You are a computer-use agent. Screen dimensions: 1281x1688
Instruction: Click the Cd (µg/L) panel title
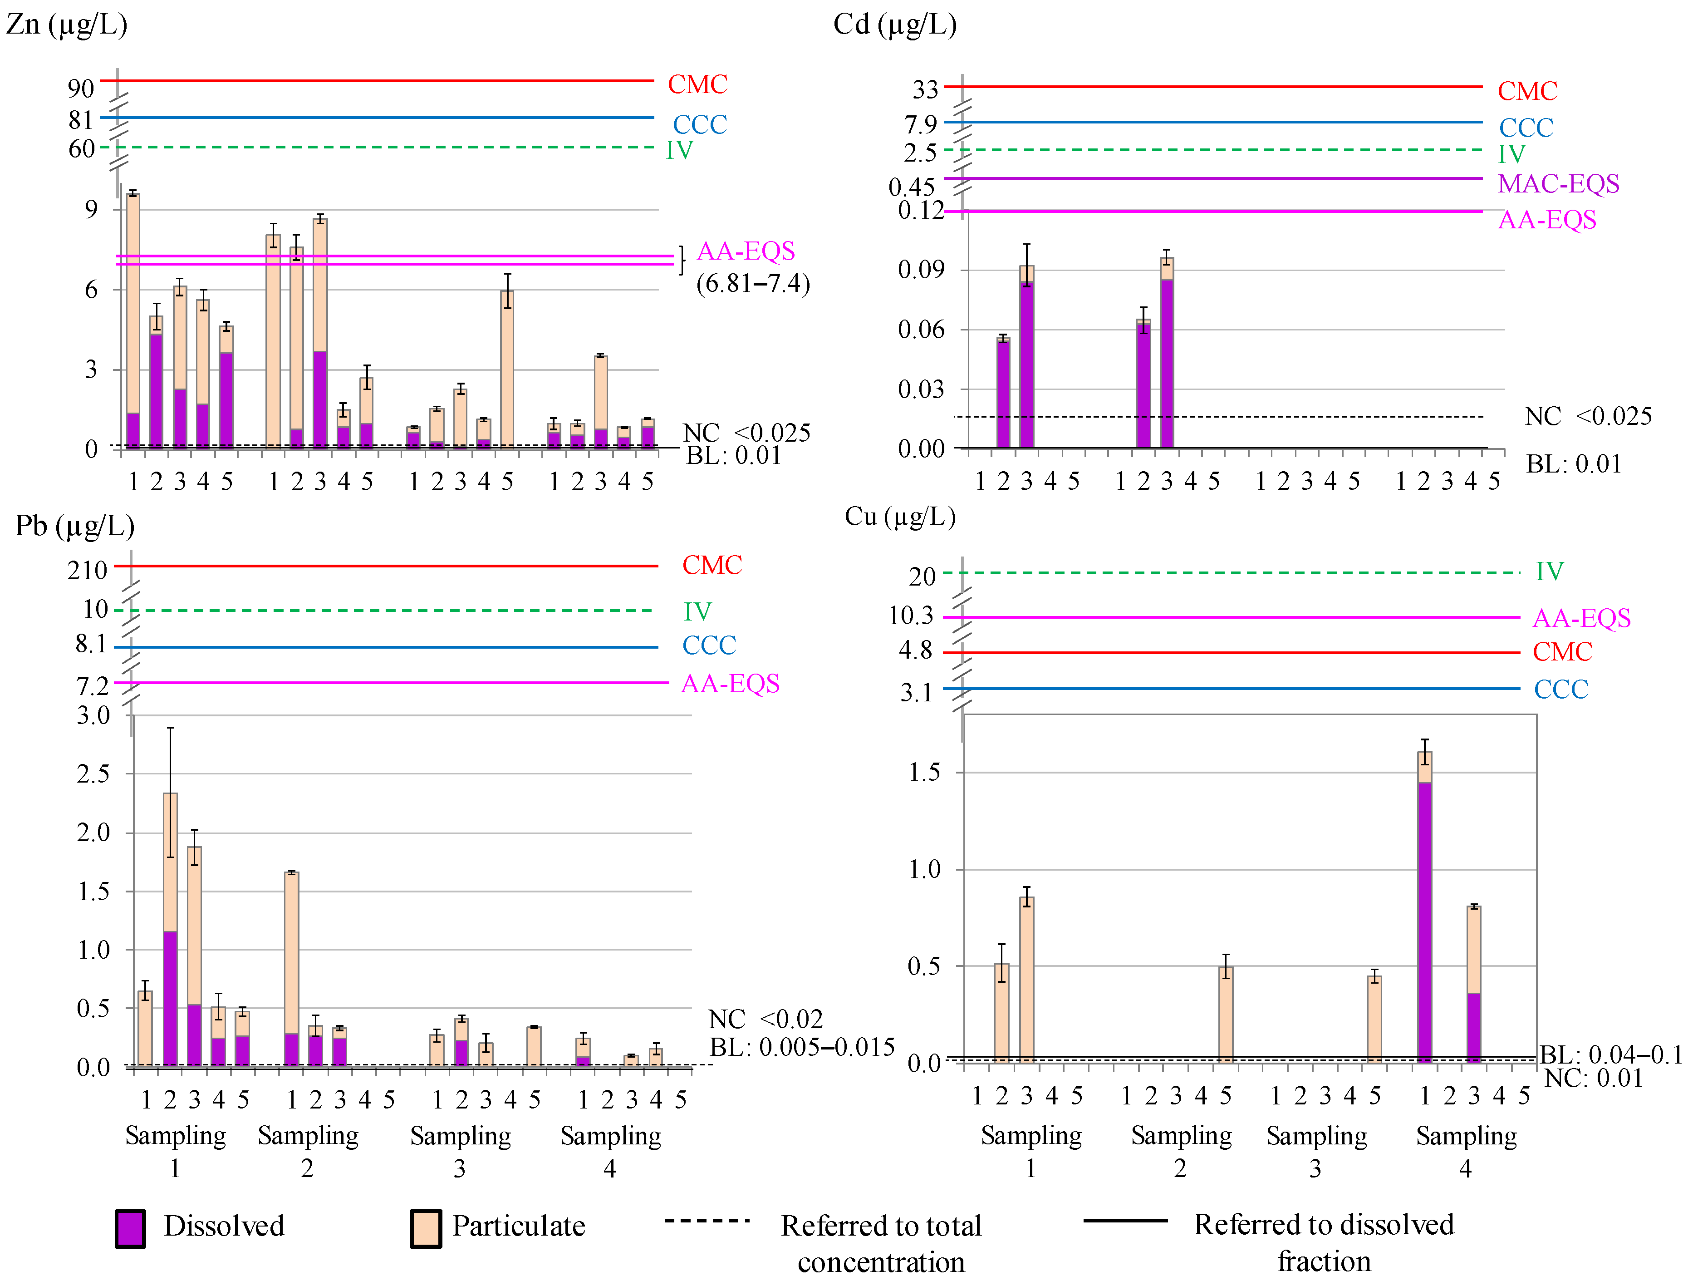894,25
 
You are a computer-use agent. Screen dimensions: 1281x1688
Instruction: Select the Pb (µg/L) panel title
75,526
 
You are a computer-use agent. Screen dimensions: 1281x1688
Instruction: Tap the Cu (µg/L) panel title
900,517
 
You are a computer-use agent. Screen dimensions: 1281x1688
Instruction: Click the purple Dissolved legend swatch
131,1228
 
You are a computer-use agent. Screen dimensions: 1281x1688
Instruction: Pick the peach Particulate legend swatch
425,1228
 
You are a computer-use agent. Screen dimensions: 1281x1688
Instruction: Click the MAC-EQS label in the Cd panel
1558,184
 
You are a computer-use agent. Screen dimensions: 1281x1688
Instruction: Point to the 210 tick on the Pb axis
87,570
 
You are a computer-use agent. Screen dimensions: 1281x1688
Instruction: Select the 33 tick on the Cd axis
925,90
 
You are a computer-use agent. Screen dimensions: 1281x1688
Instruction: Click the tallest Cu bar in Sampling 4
1424,907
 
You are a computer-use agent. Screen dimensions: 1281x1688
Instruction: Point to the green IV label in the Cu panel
1549,571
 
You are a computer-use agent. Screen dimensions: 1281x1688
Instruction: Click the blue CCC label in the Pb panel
709,646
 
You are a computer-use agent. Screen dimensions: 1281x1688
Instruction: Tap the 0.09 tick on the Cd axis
920,270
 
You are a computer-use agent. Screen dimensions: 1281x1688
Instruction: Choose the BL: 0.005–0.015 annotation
801,1047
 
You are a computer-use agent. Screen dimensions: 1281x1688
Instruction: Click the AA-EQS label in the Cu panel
1581,618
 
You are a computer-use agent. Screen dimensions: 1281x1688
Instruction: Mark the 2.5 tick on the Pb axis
93,774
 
